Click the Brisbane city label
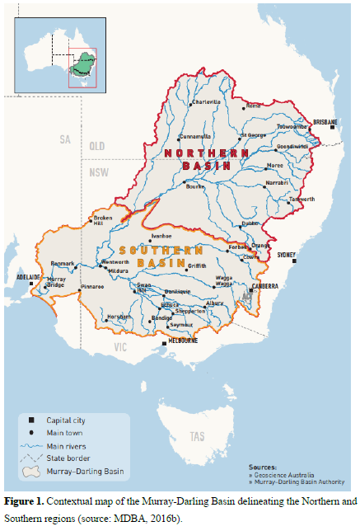point(325,121)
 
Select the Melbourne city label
point(183,340)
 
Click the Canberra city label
point(265,286)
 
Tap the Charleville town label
point(205,102)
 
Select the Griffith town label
point(197,265)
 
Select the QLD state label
point(97,145)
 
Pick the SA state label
point(66,139)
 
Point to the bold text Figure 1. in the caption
point(25,501)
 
